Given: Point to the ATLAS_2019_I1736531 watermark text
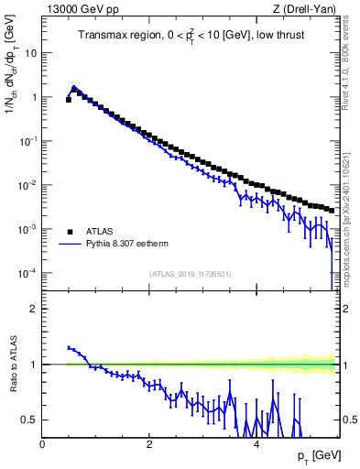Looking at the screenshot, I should coord(189,274).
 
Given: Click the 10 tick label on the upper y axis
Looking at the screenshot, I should coord(30,53).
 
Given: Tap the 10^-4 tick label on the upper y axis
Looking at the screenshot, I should coord(27,273).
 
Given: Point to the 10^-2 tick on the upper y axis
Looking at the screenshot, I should coord(27,185).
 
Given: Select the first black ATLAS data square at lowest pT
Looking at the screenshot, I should coord(69,100).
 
